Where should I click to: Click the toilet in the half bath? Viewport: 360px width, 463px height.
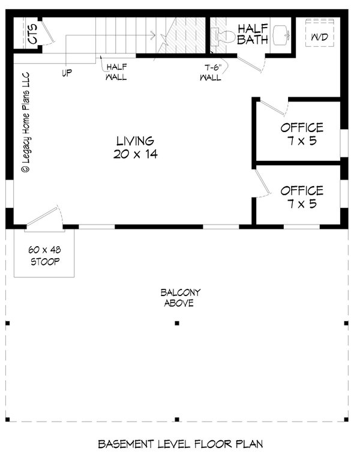point(225,36)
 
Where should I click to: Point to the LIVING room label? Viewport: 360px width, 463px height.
point(135,141)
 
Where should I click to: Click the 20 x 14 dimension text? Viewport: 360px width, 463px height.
point(136,154)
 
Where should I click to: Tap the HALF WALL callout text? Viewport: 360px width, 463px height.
point(116,71)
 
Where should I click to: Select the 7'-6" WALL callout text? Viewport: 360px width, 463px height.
point(211,72)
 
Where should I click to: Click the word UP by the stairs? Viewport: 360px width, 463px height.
point(67,73)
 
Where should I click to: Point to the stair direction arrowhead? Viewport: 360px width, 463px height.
point(153,35)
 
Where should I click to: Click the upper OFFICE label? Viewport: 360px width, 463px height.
point(302,127)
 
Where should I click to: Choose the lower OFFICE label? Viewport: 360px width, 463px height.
point(302,191)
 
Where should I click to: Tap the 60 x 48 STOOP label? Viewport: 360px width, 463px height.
point(45,256)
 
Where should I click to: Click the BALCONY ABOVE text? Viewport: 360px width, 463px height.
point(180,298)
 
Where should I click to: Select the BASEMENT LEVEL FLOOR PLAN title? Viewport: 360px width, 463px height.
point(180,444)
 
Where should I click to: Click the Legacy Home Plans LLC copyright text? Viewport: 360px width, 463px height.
point(26,123)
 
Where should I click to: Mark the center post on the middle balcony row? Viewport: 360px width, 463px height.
point(177,323)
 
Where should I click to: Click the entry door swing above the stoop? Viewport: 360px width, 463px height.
point(44,216)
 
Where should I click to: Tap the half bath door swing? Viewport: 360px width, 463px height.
point(250,64)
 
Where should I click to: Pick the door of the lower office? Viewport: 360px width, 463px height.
point(262,183)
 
